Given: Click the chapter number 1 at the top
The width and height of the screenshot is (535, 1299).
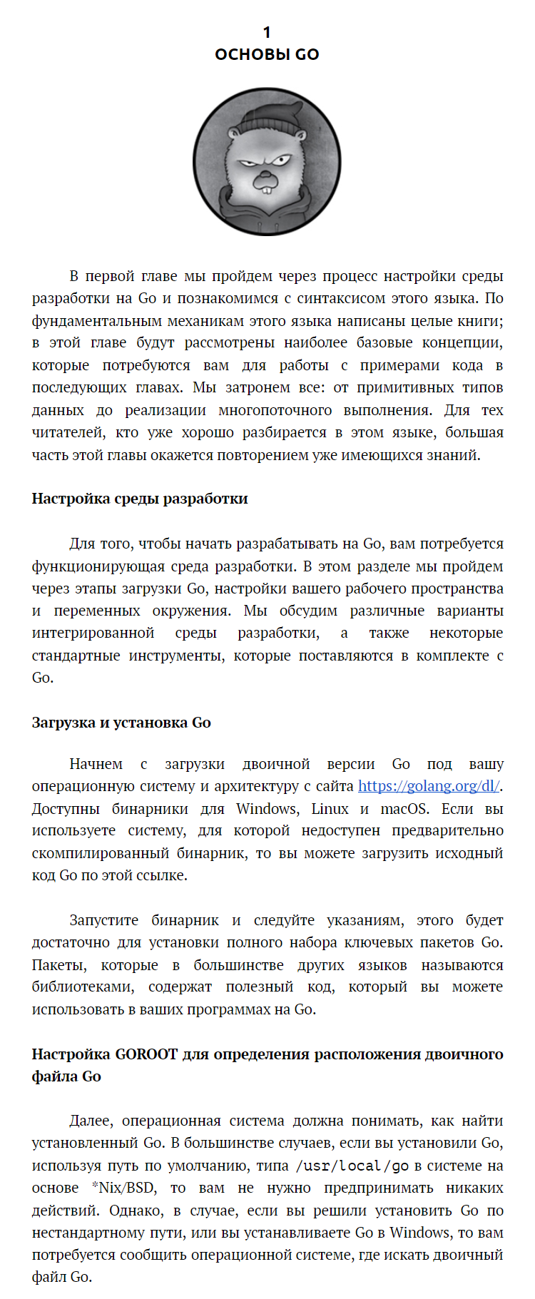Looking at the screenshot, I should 267,32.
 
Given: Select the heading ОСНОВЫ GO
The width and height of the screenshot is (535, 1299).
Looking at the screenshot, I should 267,54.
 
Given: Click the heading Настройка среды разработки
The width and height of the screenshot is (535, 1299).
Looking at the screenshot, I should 140,499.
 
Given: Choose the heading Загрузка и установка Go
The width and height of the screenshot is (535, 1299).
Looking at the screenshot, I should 121,723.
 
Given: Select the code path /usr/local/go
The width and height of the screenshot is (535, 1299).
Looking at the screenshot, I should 352,1166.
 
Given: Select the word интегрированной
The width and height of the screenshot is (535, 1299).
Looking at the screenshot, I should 93,633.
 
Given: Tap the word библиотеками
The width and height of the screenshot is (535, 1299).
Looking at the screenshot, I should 82,987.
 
